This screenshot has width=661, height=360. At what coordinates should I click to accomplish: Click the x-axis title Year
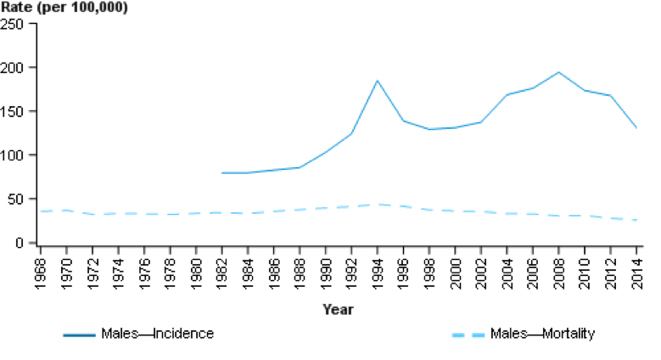[338, 310]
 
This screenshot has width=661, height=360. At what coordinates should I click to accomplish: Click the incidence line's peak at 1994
[377, 81]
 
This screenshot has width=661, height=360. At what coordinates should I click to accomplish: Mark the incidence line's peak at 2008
[557, 72]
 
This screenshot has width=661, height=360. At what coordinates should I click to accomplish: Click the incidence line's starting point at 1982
[222, 173]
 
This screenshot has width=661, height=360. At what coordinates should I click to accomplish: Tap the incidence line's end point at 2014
[636, 128]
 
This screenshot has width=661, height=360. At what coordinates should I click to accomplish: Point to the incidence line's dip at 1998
[429, 129]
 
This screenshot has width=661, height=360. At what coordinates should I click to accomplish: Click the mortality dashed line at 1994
[377, 205]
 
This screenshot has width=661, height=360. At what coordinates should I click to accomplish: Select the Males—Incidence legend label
[157, 334]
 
